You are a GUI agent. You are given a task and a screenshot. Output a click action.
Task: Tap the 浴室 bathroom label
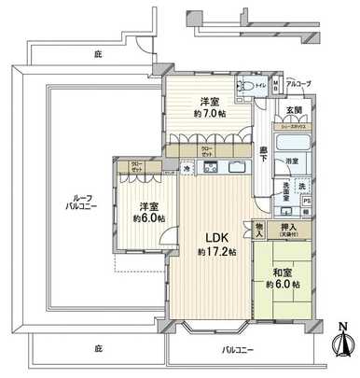292,161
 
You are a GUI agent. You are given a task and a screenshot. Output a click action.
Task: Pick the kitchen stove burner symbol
211,168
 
